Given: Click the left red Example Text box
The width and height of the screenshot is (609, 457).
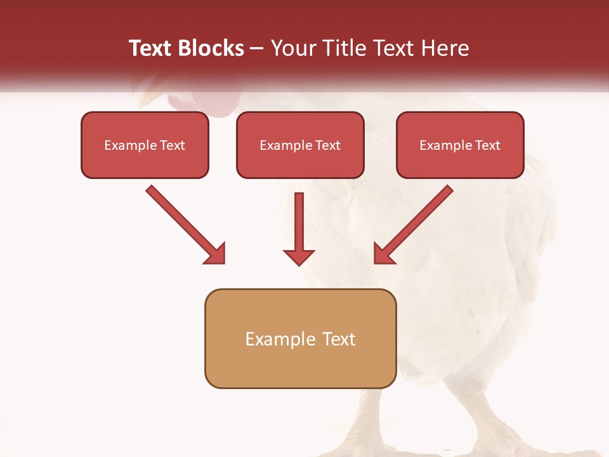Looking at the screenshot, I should click(145, 145).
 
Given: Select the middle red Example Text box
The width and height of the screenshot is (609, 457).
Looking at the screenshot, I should click(300, 145).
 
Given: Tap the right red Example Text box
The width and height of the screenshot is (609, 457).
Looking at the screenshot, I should click(460, 145).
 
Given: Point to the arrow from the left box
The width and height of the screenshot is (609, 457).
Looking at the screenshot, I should click(184, 223).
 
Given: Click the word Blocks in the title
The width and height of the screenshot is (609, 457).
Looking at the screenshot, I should click(211, 48).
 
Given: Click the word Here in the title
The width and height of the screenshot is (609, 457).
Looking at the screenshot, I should click(447, 48).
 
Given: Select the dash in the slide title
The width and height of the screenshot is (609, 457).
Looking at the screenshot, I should click(258, 49).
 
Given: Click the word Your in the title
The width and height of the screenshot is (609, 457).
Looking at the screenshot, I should click(292, 48).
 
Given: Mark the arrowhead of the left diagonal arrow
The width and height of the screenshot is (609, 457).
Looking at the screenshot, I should click(215, 254).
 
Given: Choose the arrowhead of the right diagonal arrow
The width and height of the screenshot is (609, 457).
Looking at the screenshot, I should click(383, 254).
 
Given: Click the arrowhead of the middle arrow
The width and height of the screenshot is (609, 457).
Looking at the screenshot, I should click(299, 256).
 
